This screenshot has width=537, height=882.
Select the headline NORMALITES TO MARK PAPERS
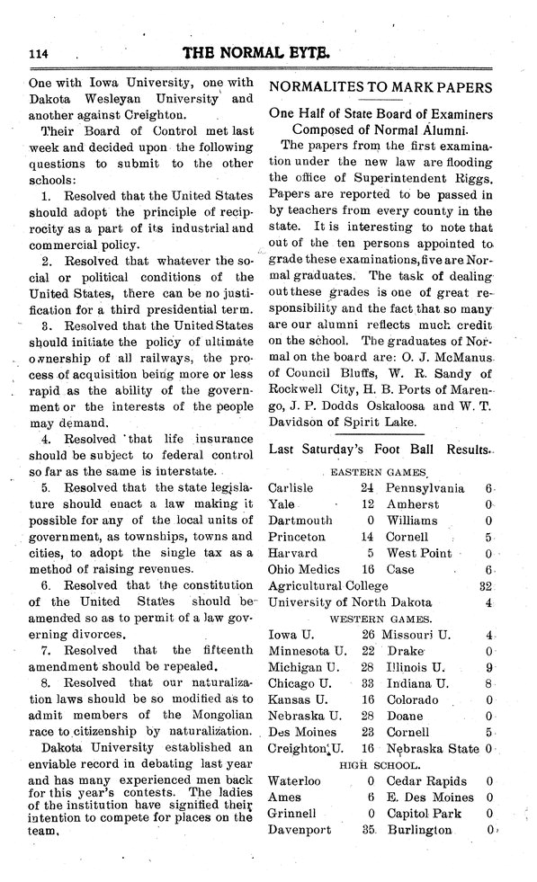[x=381, y=88]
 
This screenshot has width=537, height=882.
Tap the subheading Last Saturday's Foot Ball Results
[x=380, y=449]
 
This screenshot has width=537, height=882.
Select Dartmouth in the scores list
[x=300, y=521]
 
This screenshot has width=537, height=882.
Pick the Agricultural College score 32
[x=485, y=586]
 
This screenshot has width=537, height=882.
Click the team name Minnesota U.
[x=304, y=650]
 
